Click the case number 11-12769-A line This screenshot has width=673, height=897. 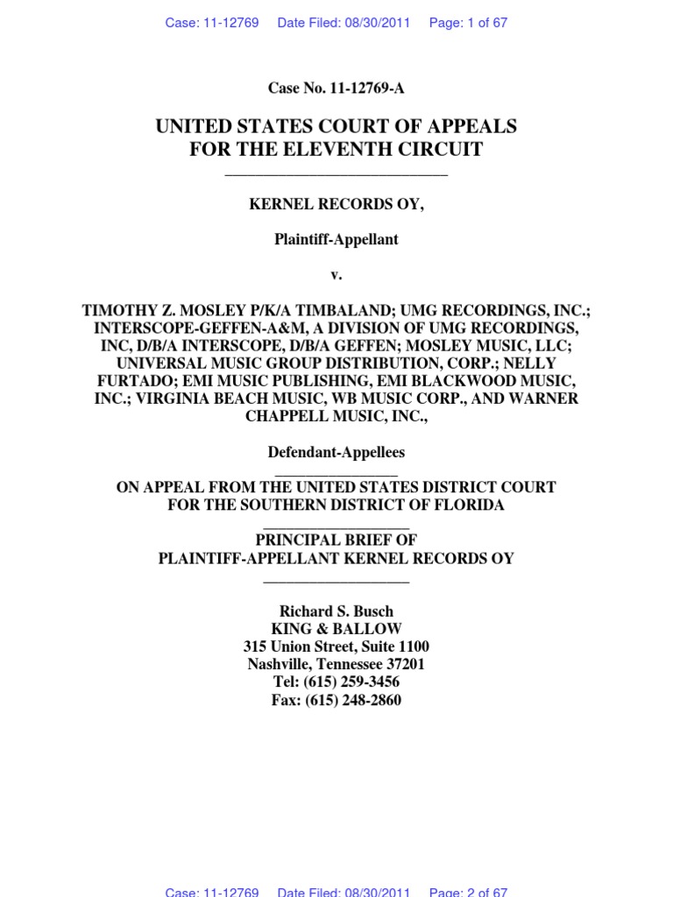coord(336,88)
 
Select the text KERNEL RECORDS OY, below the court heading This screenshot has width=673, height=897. coord(336,204)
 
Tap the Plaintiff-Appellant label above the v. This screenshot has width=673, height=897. coord(336,239)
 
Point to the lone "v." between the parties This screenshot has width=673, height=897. coord(336,275)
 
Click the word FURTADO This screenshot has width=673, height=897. coord(128,381)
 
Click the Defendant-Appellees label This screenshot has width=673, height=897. coord(336,453)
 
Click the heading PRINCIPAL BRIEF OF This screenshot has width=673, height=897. coord(336,540)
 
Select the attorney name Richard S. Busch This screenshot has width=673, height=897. coord(336,611)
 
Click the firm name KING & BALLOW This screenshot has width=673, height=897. coord(336,629)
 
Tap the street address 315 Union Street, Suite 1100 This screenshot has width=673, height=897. coord(336,646)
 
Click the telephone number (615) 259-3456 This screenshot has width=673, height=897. coord(352,682)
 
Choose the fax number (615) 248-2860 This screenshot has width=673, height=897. coord(353,700)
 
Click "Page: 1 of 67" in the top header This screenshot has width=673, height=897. coord(468,23)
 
